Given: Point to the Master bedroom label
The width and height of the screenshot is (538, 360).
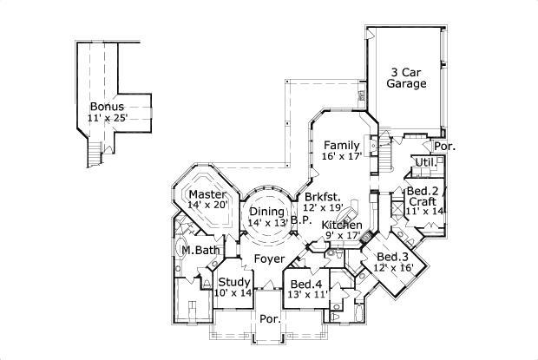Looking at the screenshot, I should [x=208, y=194].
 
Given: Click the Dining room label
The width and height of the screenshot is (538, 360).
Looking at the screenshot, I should [x=267, y=211].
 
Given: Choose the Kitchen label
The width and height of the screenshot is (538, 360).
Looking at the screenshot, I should [x=341, y=225].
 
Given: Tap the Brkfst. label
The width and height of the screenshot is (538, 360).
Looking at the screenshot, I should [x=321, y=197].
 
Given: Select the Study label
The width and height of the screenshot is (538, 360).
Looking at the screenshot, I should [x=233, y=282].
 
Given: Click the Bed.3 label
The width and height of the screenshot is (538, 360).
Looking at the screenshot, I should [x=392, y=257].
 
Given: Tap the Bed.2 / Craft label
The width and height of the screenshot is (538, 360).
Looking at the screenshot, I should [x=424, y=196].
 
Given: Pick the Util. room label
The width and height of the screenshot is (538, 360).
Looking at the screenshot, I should [x=424, y=162].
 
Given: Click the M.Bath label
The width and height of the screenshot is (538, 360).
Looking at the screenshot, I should [x=200, y=251].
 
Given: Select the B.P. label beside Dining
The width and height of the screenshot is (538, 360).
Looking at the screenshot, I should [x=300, y=220].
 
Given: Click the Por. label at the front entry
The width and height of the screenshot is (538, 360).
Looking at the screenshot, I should [x=268, y=319].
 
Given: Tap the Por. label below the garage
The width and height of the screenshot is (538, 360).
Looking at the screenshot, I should [x=445, y=147].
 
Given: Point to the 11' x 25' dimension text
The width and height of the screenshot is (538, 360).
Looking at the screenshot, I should [x=108, y=118].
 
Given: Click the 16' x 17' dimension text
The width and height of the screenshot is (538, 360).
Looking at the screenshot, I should [x=340, y=157].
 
